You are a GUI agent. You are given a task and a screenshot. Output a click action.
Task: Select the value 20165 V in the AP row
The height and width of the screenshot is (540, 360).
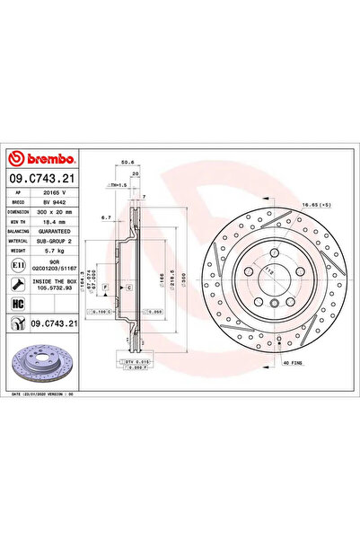coord(50,191)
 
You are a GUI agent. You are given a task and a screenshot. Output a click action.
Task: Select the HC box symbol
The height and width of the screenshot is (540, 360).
coord(17,303)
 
